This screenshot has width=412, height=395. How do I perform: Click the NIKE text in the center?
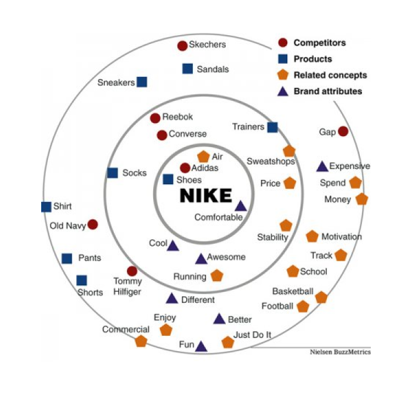click(x=207, y=195)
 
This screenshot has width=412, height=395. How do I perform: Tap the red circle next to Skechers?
click(x=182, y=46)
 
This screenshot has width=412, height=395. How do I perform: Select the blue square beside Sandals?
click(x=187, y=69)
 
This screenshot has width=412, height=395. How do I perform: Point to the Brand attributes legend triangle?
click(x=282, y=91)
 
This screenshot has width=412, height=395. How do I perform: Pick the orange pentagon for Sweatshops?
click(x=289, y=151)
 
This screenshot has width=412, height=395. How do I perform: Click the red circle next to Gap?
click(x=343, y=132)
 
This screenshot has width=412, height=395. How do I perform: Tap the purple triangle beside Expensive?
click(x=322, y=166)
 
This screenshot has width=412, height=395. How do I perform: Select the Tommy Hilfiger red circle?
click(x=132, y=271)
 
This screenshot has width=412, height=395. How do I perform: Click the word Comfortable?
click(x=218, y=217)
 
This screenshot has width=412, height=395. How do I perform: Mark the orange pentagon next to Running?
click(x=217, y=275)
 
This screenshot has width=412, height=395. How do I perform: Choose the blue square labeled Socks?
click(x=113, y=173)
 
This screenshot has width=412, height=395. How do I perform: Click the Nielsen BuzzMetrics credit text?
click(x=339, y=352)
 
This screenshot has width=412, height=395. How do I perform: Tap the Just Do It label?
click(x=253, y=335)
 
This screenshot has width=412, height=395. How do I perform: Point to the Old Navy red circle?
click(x=93, y=224)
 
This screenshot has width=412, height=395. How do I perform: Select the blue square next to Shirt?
click(x=46, y=207)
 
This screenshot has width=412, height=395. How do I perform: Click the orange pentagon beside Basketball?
click(x=321, y=297)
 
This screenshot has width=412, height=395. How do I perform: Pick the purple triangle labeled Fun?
click(x=201, y=346)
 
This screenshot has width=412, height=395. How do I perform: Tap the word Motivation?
click(x=341, y=237)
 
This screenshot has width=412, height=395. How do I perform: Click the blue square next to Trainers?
click(x=272, y=127)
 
